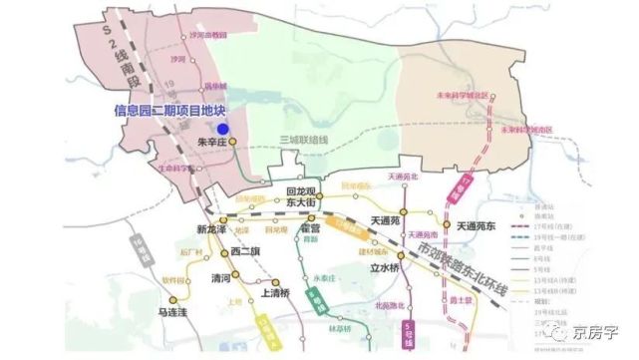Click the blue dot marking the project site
click(224, 128)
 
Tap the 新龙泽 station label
click(212, 228)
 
